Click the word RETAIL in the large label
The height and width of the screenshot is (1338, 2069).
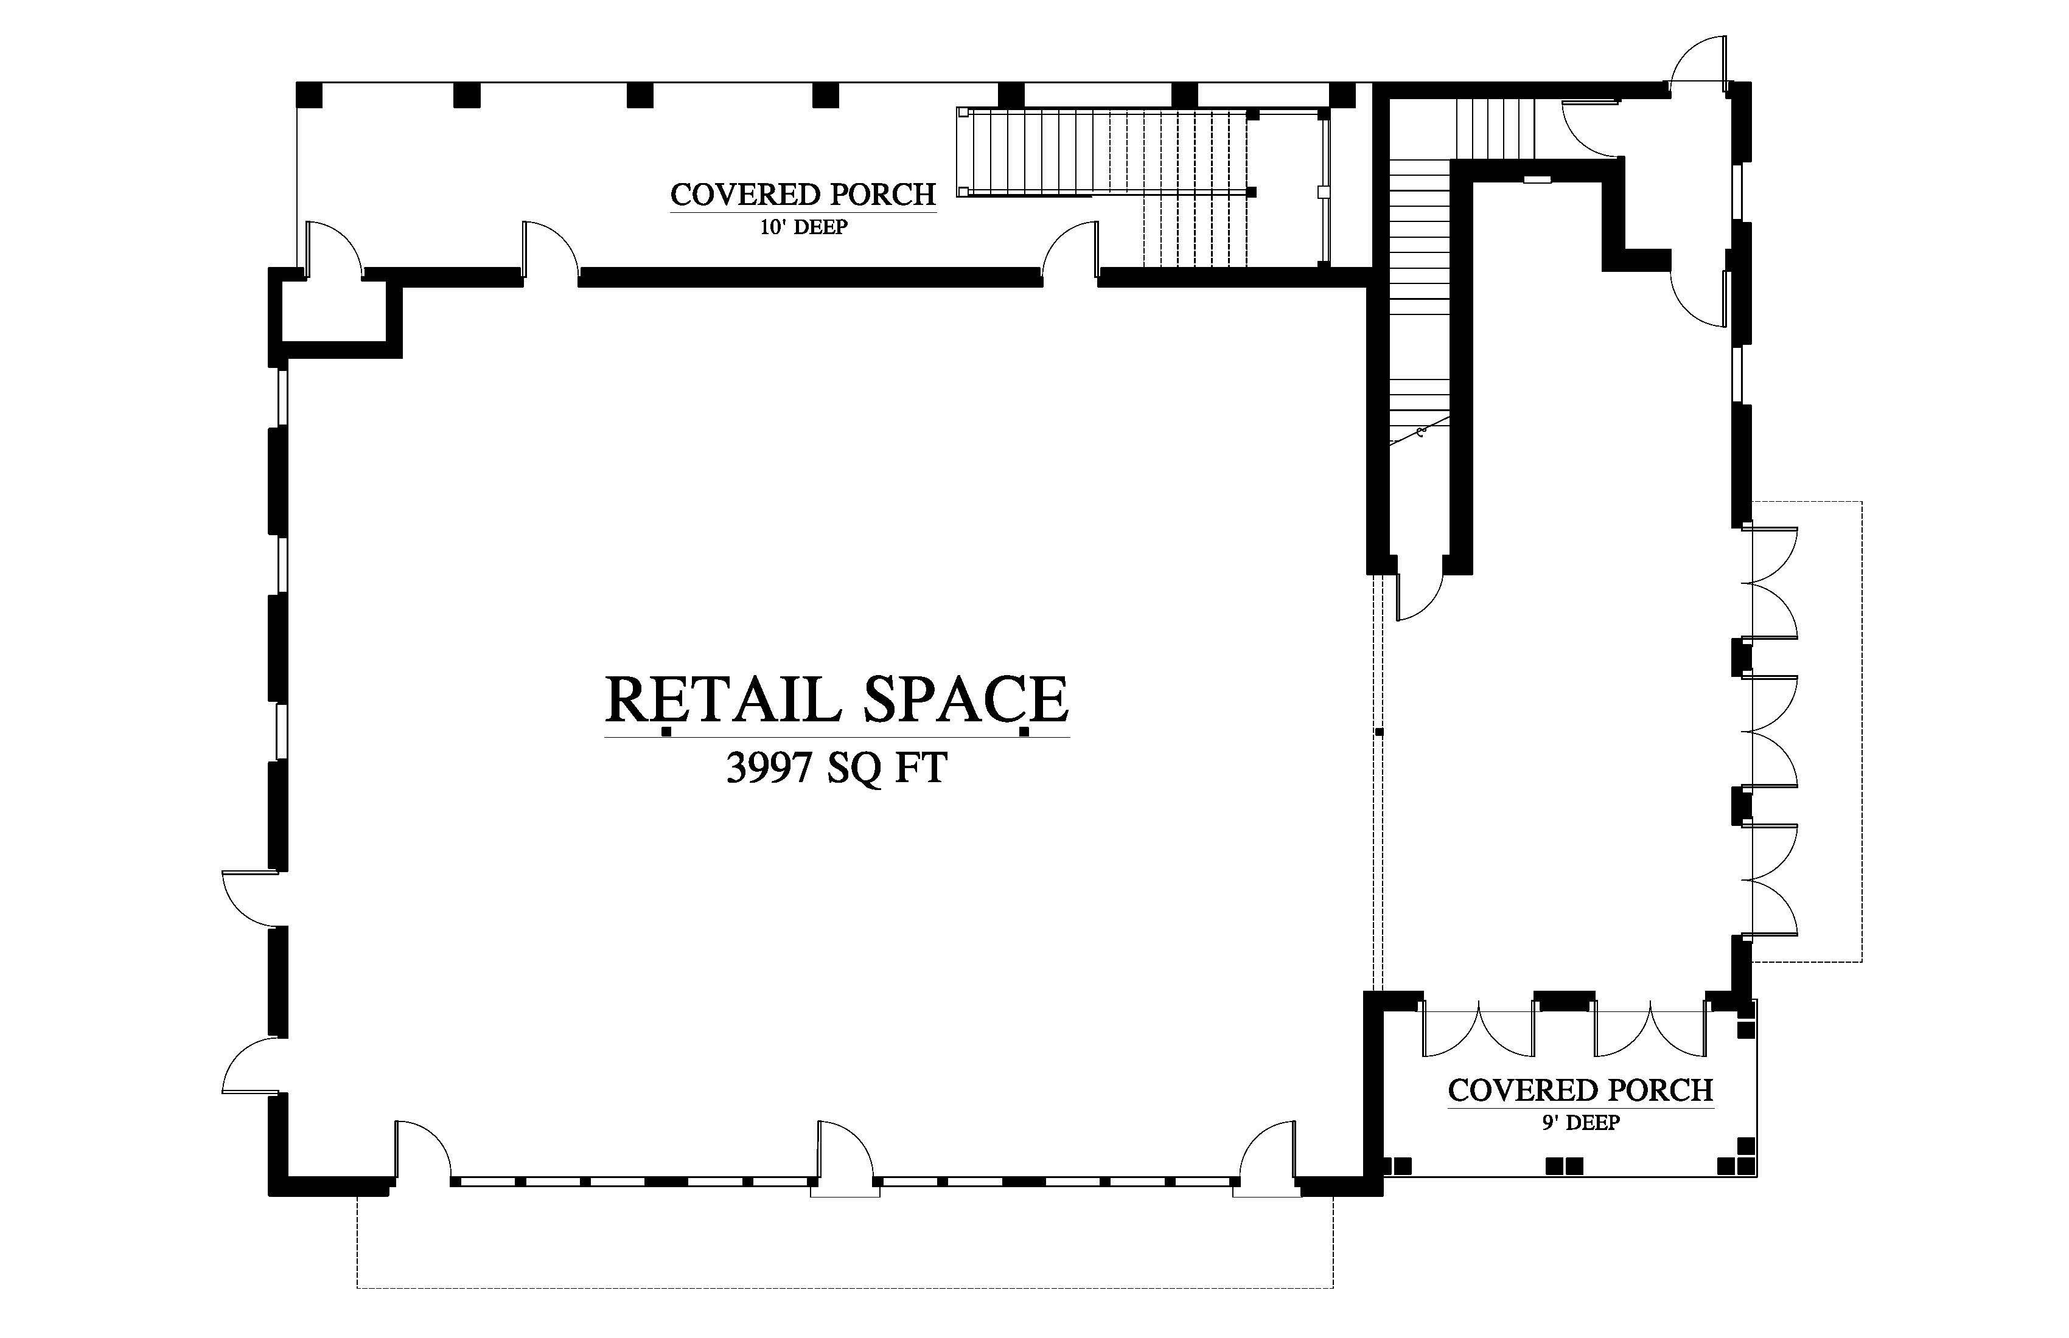[724, 699]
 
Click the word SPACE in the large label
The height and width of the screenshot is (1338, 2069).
[965, 699]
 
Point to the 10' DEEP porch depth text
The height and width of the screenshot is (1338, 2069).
[803, 227]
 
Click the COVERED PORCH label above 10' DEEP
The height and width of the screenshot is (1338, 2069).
[803, 195]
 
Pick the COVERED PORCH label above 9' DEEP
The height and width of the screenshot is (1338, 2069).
[1580, 1090]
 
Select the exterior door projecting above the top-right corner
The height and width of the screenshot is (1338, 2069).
[1698, 63]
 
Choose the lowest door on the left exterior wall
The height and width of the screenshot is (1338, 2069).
[250, 1064]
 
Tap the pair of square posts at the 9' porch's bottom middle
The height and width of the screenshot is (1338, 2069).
[1565, 1166]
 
